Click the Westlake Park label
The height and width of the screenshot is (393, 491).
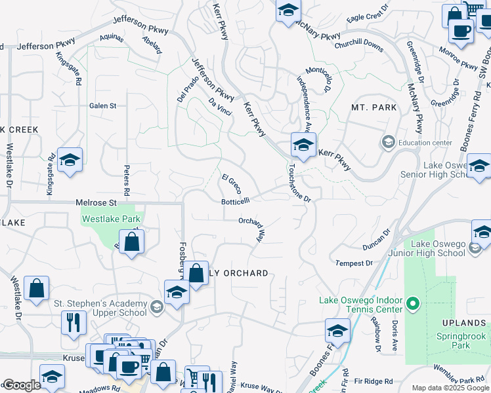tap(110, 219)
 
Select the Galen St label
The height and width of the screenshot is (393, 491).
tap(102, 105)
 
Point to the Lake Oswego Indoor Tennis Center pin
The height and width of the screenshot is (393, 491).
tap(412, 303)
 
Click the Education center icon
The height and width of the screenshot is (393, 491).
tap(388, 142)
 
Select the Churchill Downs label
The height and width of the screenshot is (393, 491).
tap(358, 44)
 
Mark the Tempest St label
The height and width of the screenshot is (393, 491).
tap(354, 263)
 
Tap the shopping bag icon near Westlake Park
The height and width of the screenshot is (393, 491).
tap(132, 241)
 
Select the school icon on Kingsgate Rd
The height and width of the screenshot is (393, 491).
tap(69, 160)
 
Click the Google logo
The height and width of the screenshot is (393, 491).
tap(21, 385)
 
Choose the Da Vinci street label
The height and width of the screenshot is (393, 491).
tap(220, 107)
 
